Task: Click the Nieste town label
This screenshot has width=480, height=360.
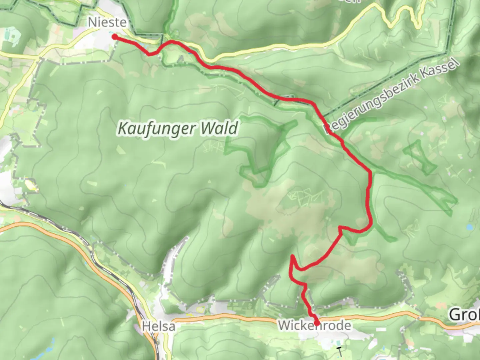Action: [x=107, y=22]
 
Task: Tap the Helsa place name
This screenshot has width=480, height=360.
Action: [x=159, y=326]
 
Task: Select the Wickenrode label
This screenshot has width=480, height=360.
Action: [x=314, y=325]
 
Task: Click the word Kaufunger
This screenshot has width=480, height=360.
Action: [x=155, y=129]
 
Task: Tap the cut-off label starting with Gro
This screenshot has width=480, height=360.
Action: [x=465, y=314]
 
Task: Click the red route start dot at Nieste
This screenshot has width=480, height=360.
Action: [x=114, y=37]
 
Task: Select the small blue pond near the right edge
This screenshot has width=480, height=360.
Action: [x=469, y=227]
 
